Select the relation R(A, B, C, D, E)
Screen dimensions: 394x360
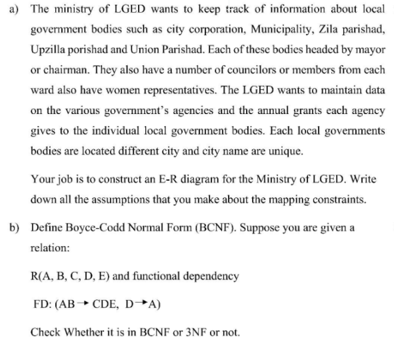click(72, 275)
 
